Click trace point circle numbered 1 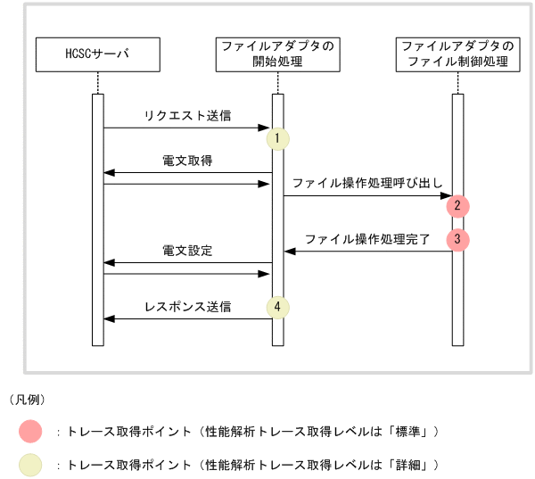(x=277, y=138)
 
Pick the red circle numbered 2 (x=457, y=205)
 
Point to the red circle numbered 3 (x=457, y=239)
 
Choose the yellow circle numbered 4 (x=277, y=307)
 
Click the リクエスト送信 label (x=187, y=117)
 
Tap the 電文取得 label (x=187, y=161)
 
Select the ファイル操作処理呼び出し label (x=366, y=183)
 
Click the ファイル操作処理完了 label (x=366, y=239)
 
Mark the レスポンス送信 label (x=187, y=307)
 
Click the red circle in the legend (x=29, y=432)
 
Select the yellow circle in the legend (x=29, y=465)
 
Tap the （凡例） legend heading (x=27, y=399)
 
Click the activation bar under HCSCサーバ (x=98, y=219)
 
